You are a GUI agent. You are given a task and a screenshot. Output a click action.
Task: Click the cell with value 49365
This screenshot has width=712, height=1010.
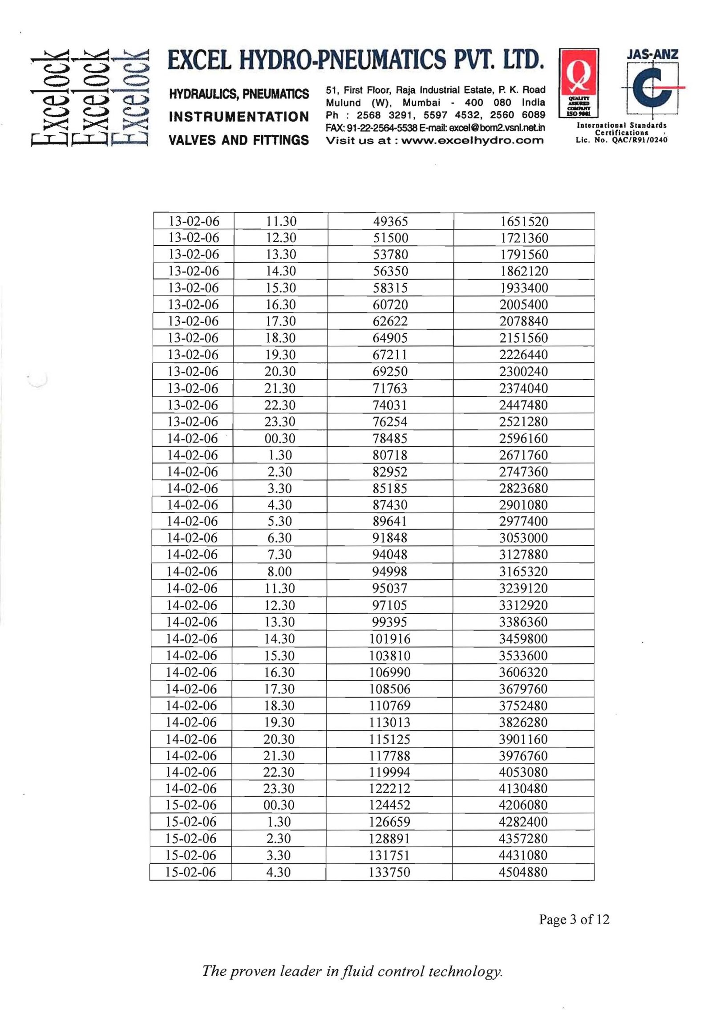tap(390, 221)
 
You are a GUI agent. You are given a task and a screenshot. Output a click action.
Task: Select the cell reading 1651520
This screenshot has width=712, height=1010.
tap(524, 221)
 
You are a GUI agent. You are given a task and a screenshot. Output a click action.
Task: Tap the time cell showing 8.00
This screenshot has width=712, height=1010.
tap(279, 572)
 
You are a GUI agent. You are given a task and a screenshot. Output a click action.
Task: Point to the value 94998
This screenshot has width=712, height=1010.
tap(390, 572)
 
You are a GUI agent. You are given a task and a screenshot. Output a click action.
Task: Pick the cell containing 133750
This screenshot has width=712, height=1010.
tap(389, 872)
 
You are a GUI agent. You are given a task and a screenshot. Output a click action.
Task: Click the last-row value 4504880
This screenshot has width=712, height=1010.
tap(523, 872)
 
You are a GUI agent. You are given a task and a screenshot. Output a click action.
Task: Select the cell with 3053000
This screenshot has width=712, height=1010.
tap(523, 538)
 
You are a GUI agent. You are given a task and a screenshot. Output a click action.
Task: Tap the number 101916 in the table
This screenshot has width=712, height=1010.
tap(390, 639)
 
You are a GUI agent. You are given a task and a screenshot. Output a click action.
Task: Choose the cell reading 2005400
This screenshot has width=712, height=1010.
tap(524, 305)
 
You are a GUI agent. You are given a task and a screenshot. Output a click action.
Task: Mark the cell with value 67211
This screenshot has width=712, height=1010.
tap(390, 355)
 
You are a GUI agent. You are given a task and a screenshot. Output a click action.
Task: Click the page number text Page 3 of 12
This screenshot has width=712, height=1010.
tap(574, 919)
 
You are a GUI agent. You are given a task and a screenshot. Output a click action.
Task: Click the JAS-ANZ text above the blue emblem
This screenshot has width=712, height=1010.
tap(652, 55)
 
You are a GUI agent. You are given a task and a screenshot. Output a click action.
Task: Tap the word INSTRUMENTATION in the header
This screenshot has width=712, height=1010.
tap(239, 117)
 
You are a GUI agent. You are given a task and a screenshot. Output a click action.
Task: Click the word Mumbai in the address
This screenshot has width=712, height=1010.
tap(421, 102)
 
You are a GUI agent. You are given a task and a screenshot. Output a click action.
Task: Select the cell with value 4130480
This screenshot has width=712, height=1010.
tap(523, 788)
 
